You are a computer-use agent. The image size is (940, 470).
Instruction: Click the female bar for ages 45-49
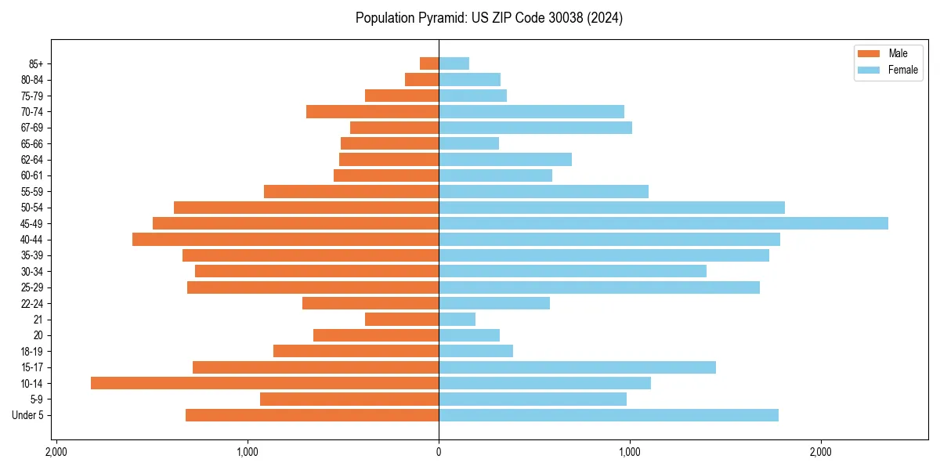click(x=663, y=223)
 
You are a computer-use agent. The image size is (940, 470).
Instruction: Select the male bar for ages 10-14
click(x=265, y=383)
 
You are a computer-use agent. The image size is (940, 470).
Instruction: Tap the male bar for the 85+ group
click(x=429, y=63)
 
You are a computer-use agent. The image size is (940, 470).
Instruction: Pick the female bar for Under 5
click(x=608, y=415)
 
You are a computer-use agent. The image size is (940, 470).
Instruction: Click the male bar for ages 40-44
click(x=286, y=239)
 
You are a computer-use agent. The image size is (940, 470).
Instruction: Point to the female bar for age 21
click(x=457, y=319)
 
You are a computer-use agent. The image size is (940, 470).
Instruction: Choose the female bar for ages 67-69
click(x=535, y=128)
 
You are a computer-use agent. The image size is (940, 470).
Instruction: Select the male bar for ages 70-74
click(x=372, y=111)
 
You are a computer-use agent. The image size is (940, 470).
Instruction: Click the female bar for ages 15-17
click(x=577, y=367)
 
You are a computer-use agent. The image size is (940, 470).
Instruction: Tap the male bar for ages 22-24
click(x=371, y=303)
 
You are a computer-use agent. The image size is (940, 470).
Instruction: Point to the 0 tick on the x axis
click(x=439, y=452)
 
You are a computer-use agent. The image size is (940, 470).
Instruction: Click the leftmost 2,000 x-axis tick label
click(x=56, y=452)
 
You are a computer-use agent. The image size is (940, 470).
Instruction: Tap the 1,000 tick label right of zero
click(x=629, y=452)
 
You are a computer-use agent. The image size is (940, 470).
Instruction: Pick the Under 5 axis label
click(x=28, y=415)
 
